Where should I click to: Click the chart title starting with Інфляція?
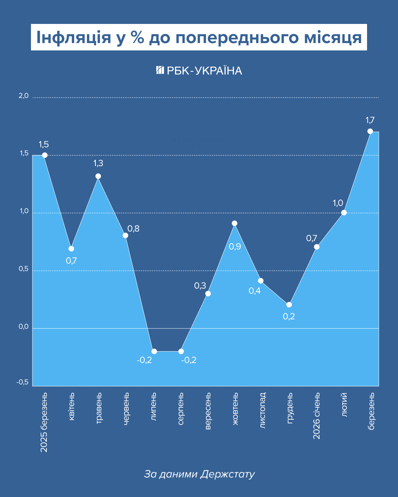tap(199, 37)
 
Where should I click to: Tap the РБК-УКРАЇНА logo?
tap(199, 70)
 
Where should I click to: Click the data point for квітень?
tap(71, 248)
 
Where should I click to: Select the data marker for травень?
tap(98, 176)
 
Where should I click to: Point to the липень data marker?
tap(154, 351)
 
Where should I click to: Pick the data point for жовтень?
tap(234, 223)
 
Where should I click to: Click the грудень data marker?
tap(289, 304)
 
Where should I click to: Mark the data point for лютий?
tap(344, 212)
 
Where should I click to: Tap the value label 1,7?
tap(370, 120)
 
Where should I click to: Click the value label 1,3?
tap(98, 163)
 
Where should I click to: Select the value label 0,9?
tap(235, 247)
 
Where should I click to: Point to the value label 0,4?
tap(255, 291)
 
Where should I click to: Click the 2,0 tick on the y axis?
tap(24, 96)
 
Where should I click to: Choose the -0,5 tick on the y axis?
tap(22, 382)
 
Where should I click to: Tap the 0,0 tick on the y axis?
tap(24, 327)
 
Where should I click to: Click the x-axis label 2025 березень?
tap(44, 422)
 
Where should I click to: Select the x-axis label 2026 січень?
tap(317, 416)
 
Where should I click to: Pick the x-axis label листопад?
tap(262, 410)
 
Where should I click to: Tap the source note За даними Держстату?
tap(199, 474)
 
